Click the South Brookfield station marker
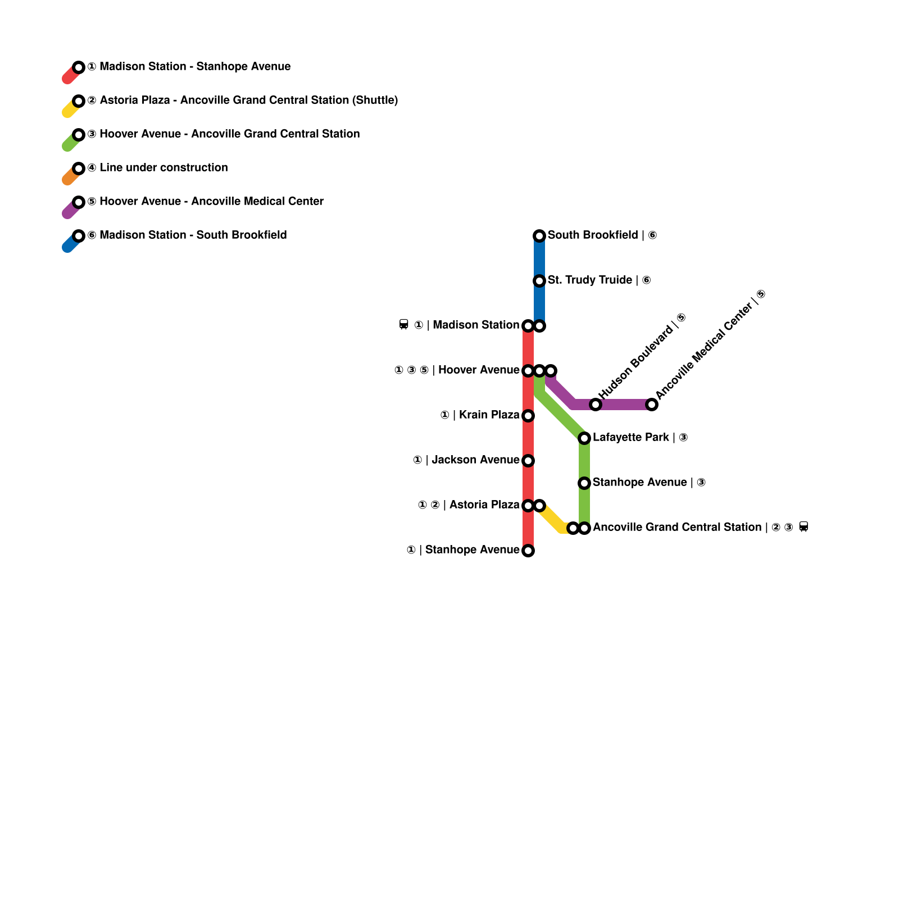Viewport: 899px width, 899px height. tap(539, 236)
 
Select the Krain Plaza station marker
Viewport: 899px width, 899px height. tap(528, 416)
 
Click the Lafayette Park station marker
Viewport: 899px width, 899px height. tap(584, 438)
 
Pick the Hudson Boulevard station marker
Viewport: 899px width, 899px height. tap(596, 405)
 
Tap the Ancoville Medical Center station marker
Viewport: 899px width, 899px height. tap(652, 405)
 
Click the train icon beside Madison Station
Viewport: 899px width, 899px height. tap(403, 325)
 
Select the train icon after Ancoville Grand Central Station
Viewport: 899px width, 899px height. tap(803, 527)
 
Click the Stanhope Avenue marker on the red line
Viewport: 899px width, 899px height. tap(528, 551)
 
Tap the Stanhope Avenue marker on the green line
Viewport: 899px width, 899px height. tap(584, 483)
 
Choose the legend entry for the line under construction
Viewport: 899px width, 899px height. tap(164, 167)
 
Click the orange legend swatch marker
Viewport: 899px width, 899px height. tap(79, 169)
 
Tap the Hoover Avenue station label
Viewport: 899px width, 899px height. tap(479, 370)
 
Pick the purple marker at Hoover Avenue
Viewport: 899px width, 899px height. tap(551, 371)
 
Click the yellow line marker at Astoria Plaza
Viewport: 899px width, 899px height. tap(539, 506)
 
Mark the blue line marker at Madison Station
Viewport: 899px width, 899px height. tap(539, 326)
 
